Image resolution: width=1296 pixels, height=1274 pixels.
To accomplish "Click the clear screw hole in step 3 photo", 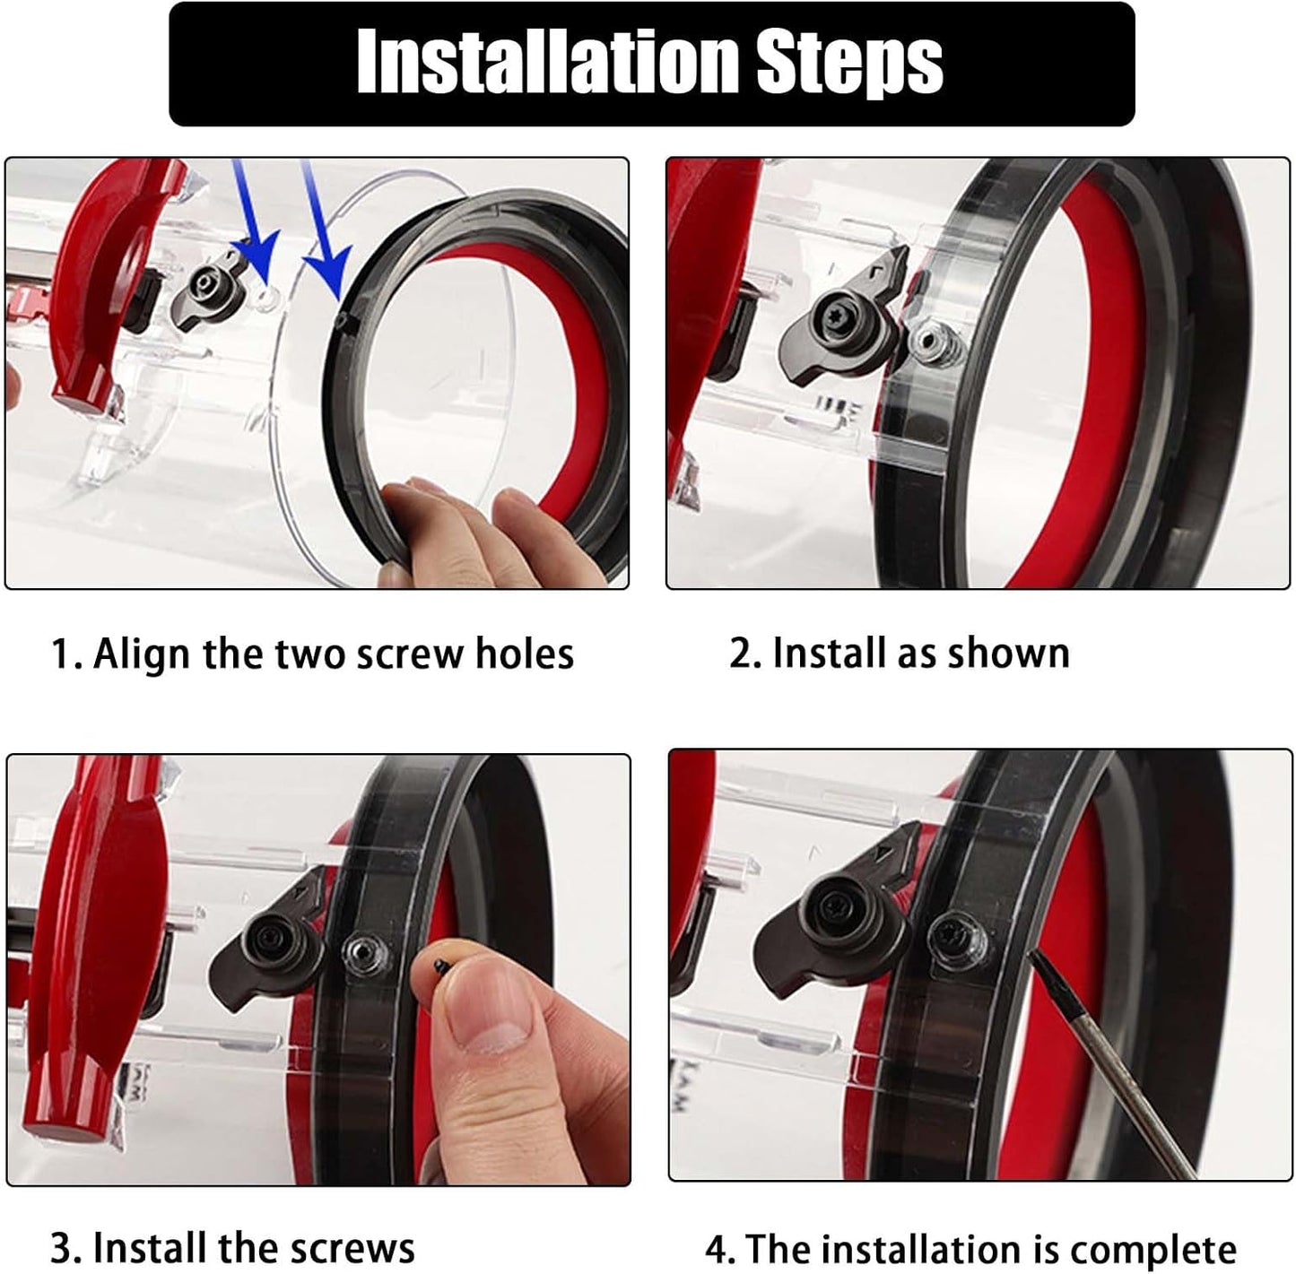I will coord(364,950).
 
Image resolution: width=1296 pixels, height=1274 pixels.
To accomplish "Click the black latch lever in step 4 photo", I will coord(825,914).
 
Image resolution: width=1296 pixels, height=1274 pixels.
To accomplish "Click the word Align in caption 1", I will coord(142,654).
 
